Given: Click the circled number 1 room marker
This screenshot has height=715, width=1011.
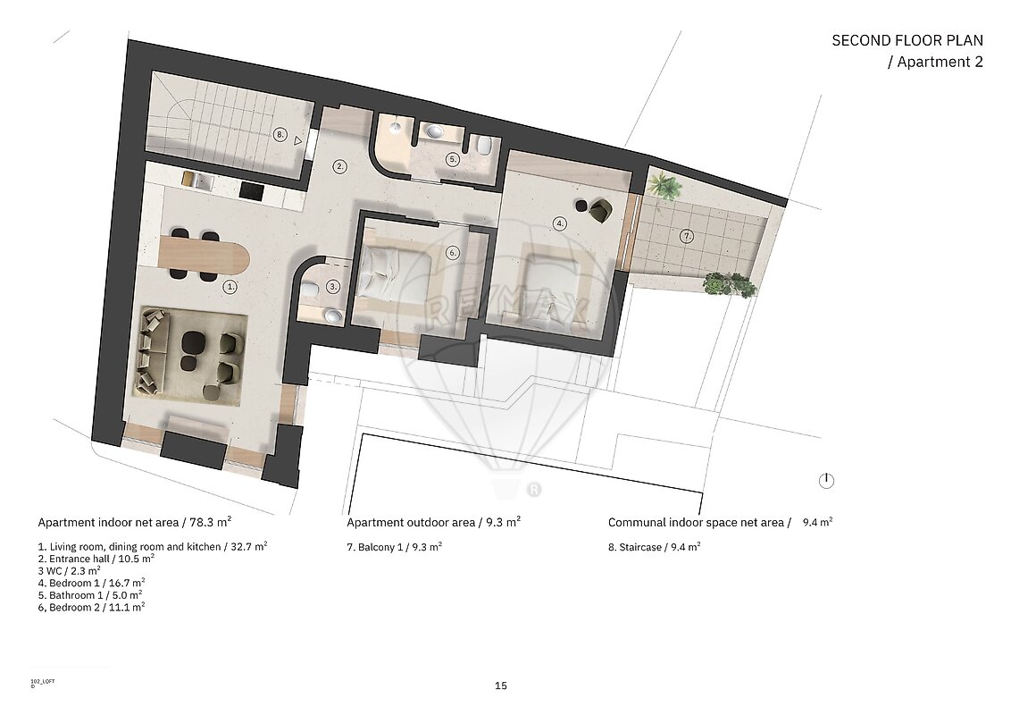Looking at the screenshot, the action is [230, 287].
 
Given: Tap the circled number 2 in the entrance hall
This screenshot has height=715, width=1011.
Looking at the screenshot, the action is [339, 166].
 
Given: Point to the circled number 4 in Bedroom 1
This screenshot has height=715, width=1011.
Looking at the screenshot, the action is [560, 224].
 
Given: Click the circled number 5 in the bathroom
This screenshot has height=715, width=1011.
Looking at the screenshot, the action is [453, 159].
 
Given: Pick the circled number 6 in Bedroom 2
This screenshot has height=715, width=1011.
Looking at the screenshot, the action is [453, 252].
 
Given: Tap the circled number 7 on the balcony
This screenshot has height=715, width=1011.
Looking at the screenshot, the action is [688, 237].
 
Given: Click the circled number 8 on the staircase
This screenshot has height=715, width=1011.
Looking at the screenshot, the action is [280, 135].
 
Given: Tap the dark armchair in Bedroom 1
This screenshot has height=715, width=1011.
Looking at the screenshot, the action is [602, 210].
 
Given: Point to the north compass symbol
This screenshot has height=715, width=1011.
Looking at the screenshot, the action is [826, 481].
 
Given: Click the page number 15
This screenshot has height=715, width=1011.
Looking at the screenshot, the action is [501, 686].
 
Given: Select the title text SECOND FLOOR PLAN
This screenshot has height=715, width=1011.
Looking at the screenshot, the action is [907, 40].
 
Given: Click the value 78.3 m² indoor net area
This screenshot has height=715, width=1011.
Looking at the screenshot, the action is [211, 521].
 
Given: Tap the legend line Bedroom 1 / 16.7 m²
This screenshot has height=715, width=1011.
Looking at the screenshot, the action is [92, 583].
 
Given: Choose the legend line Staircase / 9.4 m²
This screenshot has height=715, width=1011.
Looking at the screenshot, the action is [655, 547].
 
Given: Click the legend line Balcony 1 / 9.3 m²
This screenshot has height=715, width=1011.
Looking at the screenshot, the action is [395, 547].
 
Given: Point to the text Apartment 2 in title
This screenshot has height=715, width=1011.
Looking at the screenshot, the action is [940, 62].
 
